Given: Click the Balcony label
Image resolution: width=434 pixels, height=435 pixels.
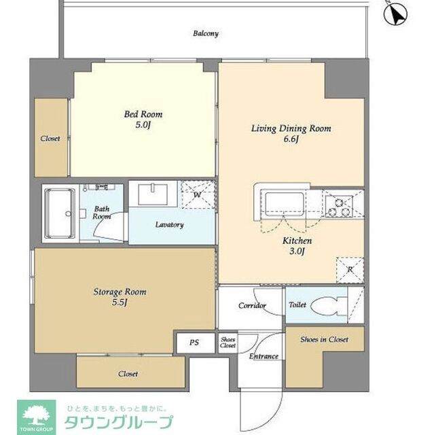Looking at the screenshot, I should tap(205, 33).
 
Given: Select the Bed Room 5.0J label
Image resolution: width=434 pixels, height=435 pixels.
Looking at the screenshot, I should tap(143, 119).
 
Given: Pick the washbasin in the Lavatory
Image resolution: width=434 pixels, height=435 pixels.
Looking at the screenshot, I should tap(153, 195).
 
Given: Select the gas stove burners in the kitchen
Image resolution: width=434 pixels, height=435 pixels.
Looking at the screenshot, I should tap(339, 205).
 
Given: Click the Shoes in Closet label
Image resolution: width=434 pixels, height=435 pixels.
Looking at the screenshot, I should tap(324, 339).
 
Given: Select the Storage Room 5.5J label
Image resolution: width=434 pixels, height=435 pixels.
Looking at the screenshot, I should tap(120, 297).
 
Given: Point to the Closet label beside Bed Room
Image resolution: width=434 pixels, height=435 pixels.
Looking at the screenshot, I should tap(50, 139).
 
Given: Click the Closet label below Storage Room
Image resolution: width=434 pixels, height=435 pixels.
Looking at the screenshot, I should tap(128, 374).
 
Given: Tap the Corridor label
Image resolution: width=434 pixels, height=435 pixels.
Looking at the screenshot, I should tap(251, 306).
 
